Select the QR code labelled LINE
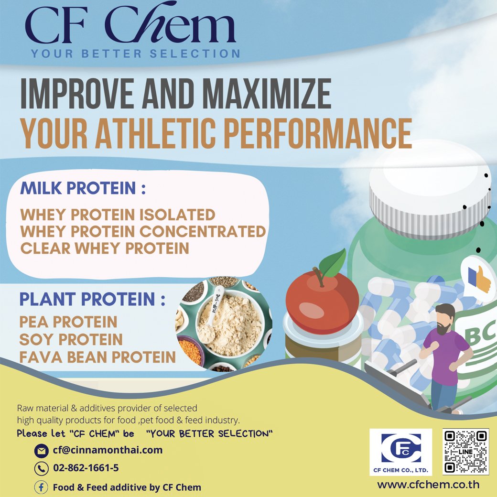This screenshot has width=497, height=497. tap(465, 452)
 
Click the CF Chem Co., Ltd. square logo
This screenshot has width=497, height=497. tap(400, 452)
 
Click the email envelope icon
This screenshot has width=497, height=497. tap(41, 451)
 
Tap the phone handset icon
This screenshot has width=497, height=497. tap(41, 468)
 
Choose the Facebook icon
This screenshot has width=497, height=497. tap(41, 487)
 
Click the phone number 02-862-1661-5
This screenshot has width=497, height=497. tap(86, 468)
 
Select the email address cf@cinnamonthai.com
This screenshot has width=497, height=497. tap(108, 450)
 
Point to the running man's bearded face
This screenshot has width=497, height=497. tap(445, 320)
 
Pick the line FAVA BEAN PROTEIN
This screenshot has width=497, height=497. tap(97, 357)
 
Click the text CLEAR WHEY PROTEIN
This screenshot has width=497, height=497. tap(105, 248)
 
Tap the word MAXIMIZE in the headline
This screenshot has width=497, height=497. tap(267, 94)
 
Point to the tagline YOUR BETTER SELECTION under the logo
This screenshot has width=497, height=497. tap(135, 54)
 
